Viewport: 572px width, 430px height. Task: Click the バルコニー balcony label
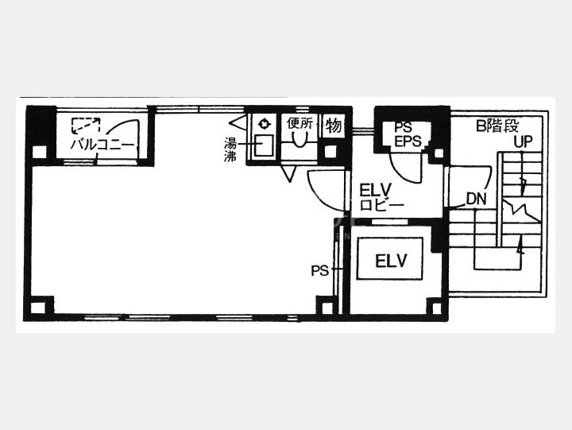point(102,145)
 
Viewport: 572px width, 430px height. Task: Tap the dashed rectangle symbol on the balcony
point(86,125)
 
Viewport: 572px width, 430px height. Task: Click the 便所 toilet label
point(300,123)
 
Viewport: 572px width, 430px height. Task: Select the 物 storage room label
point(334,126)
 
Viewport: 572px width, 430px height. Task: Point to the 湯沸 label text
point(230,149)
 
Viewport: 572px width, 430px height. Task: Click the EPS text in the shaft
point(408,141)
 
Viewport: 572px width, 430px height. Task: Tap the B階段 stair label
point(497,126)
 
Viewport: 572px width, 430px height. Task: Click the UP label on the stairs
point(523,141)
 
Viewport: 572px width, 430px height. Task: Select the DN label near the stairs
point(477,200)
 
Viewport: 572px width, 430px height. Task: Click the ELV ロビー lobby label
point(381,197)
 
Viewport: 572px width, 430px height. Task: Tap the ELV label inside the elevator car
point(391,261)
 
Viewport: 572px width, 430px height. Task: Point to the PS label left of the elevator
point(319,271)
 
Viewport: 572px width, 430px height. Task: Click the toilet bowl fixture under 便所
point(300,138)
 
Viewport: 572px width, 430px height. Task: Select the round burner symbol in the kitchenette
point(264,124)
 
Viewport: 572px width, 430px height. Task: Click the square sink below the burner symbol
point(264,145)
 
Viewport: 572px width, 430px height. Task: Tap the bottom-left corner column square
point(38,308)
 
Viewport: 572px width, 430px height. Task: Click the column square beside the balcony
point(39,152)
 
